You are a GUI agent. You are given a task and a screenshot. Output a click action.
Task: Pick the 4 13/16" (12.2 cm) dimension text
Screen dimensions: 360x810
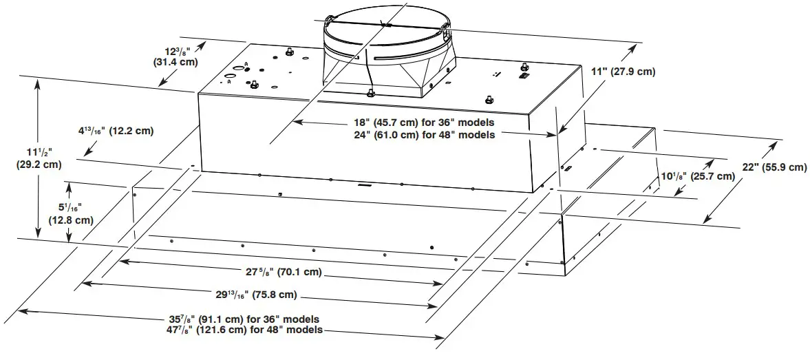pyautogui.click(x=115, y=131)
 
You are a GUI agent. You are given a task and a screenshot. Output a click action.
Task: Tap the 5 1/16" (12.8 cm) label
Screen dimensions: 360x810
pyautogui.click(x=71, y=214)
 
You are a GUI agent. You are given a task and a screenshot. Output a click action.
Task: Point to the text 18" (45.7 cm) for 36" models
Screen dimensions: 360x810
pyautogui.click(x=424, y=123)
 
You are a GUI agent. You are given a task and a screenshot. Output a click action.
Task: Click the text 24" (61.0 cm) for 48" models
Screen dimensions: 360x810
pyautogui.click(x=424, y=135)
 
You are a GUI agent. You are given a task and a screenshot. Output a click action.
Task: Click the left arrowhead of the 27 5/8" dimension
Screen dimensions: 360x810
pyautogui.click(x=124, y=260)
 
